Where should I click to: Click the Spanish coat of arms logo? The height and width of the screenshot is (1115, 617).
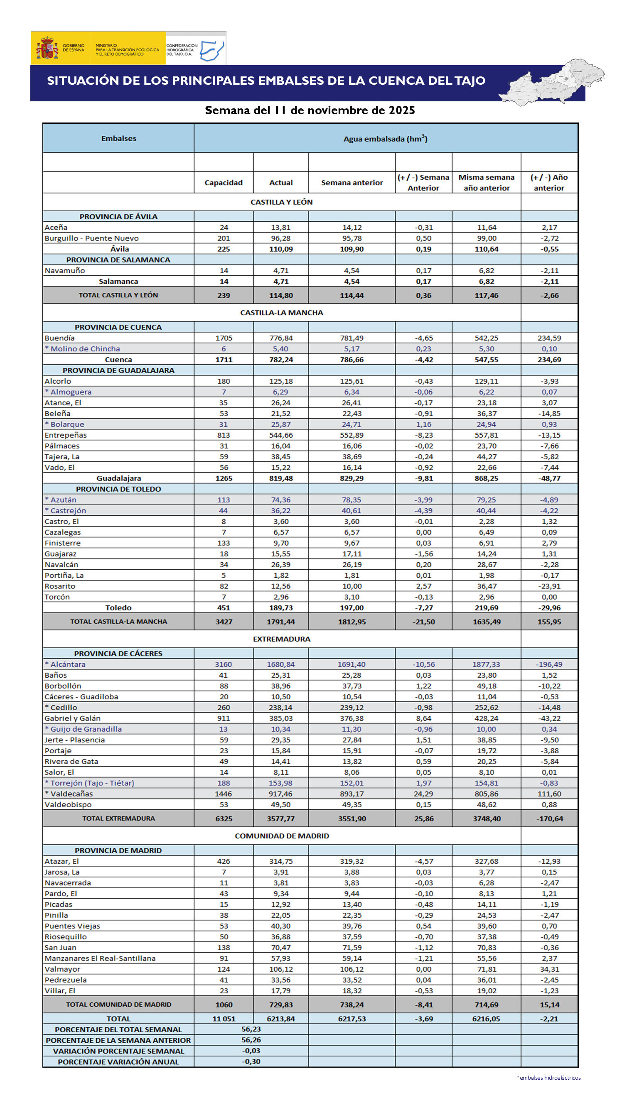coord(48,49)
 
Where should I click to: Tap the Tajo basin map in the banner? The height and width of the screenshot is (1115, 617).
coord(552,82)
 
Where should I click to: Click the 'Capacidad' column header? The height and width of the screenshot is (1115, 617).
coord(224,183)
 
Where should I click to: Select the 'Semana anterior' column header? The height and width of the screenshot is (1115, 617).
coord(352,183)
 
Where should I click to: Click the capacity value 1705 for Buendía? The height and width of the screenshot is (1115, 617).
coord(224,338)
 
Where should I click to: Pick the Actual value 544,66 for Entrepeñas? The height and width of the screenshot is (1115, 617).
coord(281,435)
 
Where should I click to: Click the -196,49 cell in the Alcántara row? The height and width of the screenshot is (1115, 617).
coord(549,664)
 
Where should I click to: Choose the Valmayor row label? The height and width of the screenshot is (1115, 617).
coord(62,969)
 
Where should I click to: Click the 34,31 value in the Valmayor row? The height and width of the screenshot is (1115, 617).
coord(549,969)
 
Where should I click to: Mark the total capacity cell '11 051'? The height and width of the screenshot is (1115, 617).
coord(224,1019)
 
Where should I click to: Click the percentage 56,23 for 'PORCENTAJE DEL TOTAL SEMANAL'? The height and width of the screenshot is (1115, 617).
coord(251,1029)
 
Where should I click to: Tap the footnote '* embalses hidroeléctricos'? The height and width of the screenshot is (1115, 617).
coord(548,1078)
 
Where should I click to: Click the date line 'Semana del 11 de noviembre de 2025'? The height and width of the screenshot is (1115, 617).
coord(310,110)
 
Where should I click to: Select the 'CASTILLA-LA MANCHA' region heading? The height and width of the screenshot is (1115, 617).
coord(281,313)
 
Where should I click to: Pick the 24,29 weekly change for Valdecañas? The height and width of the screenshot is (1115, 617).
coord(423,794)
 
